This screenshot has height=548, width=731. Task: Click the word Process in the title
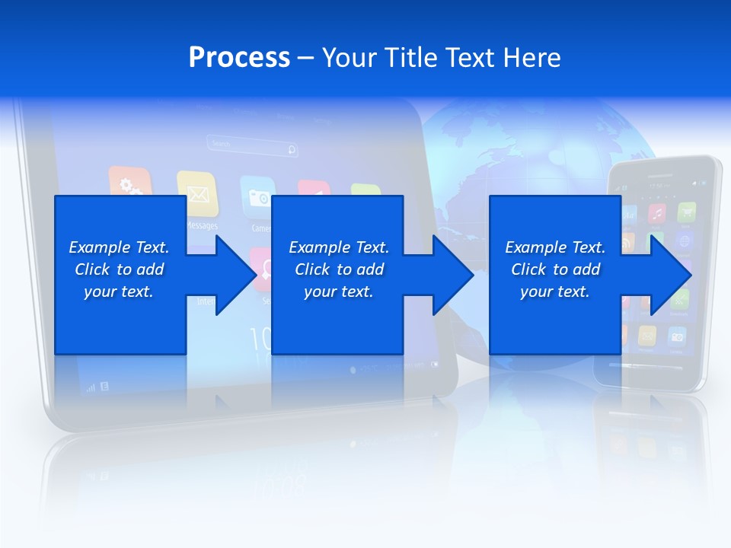pos(239,57)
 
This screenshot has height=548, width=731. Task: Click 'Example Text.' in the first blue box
pos(119,247)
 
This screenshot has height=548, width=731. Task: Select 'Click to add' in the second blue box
pos(339,269)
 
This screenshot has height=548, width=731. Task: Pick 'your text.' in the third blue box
pos(554,292)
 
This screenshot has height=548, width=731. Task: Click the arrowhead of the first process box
pos(232,275)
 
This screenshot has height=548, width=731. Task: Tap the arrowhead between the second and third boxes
pos(450,275)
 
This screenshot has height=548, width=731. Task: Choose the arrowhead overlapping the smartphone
pos(668,275)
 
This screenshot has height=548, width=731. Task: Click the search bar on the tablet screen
pos(252,145)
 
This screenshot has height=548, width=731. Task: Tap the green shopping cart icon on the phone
pos(686,212)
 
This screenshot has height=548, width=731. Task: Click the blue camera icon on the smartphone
pos(676,336)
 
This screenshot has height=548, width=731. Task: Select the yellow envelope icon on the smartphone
pos(647,334)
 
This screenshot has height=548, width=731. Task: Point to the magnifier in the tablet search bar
pos(291,149)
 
